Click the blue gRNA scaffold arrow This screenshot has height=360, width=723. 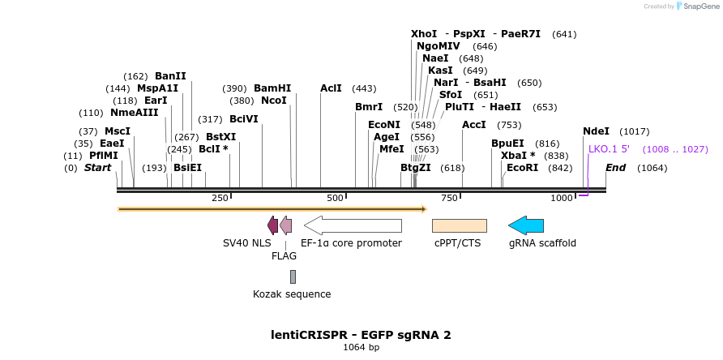[x=526, y=225]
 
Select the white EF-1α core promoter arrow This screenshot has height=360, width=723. [x=353, y=225]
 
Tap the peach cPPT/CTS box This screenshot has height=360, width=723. [x=459, y=225]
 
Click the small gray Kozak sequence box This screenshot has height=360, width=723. [x=293, y=276]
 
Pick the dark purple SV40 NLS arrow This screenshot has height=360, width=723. [x=272, y=225]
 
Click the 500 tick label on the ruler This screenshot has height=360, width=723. [x=334, y=199]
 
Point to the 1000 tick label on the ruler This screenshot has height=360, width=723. [x=563, y=199]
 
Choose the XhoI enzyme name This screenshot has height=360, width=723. [x=424, y=34]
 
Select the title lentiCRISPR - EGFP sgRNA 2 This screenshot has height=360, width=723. [x=361, y=334]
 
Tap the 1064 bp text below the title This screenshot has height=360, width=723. [x=361, y=348]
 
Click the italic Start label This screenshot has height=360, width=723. [x=97, y=168]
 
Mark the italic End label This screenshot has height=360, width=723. [x=616, y=168]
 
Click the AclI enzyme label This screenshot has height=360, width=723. [x=331, y=88]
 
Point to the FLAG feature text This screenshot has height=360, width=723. [x=284, y=255]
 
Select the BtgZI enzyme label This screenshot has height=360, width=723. [x=416, y=168]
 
